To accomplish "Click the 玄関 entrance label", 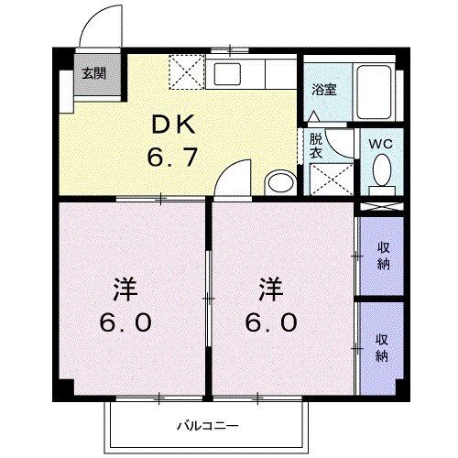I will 93,73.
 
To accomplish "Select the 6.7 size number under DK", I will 170,158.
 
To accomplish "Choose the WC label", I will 380,145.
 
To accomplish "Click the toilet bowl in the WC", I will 381,171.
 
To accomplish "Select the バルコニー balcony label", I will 209,425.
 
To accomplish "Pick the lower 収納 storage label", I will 383,345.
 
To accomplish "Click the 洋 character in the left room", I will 125,291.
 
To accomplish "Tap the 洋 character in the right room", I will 268,291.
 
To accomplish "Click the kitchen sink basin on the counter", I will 226,72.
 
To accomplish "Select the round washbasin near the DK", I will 278,181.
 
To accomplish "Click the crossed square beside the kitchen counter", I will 189,71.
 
